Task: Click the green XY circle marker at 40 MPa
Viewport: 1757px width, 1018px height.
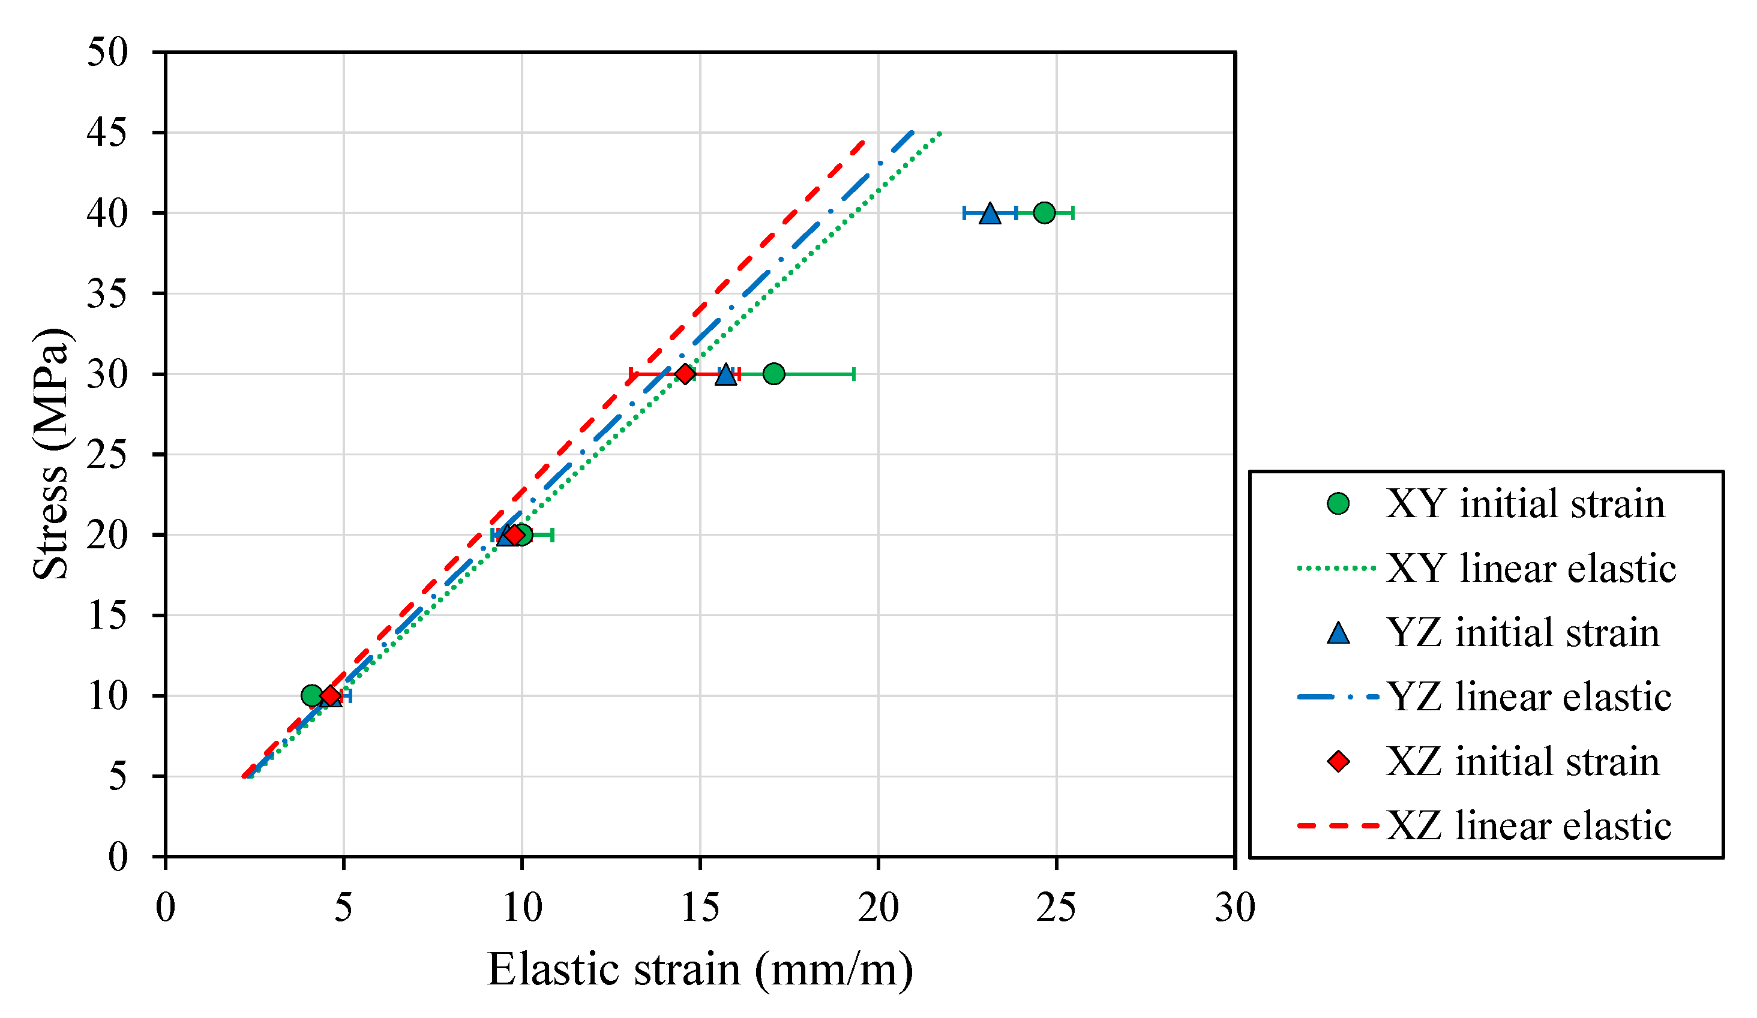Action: click(x=1044, y=212)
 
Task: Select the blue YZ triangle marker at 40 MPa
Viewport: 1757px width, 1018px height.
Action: click(x=990, y=213)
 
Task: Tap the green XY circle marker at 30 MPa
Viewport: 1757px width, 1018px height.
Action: click(x=773, y=374)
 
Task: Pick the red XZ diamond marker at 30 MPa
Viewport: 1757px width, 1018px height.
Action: click(x=685, y=374)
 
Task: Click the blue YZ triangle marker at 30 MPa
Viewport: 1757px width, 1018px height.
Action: click(x=726, y=375)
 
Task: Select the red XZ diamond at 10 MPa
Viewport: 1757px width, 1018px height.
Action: click(x=331, y=696)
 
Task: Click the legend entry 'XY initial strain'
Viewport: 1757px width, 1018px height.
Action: click(x=1525, y=504)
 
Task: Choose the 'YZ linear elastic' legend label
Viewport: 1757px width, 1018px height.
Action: click(x=1528, y=697)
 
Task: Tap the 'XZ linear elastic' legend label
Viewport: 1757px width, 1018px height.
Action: click(x=1528, y=825)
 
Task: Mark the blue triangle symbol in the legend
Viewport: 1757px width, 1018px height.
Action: click(x=1338, y=633)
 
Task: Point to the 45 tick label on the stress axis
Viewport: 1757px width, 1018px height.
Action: click(x=107, y=133)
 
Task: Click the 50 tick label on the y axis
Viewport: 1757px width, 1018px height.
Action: click(x=107, y=52)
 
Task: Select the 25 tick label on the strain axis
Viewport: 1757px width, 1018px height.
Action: click(x=1056, y=908)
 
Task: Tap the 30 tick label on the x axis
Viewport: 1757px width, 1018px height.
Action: click(x=1235, y=908)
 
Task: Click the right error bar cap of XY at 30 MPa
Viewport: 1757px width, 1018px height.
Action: click(x=854, y=374)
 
